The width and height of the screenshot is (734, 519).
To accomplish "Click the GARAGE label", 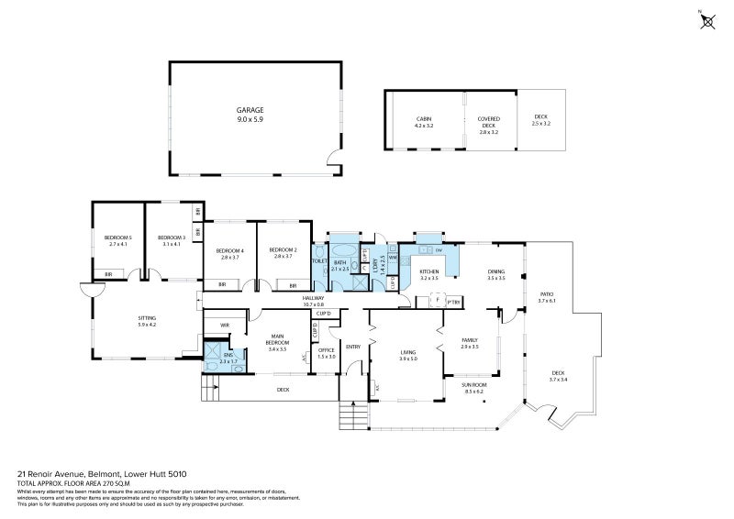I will (x=250, y=109).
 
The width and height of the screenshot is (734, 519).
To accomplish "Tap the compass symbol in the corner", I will (x=707, y=21).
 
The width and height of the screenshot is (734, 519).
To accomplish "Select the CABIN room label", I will (x=423, y=119).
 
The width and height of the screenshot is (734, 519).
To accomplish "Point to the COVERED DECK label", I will (x=487, y=122).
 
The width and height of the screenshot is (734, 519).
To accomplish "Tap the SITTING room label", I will (x=147, y=316).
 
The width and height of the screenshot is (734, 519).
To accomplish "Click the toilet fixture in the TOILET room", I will (x=320, y=251).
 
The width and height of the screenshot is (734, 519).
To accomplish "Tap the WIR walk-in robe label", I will (x=224, y=324).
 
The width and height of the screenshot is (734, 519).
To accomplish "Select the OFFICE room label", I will (x=326, y=349).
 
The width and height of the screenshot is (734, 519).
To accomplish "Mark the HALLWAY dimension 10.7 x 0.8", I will (x=314, y=304).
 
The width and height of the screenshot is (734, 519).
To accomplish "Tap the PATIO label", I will (x=546, y=294).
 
